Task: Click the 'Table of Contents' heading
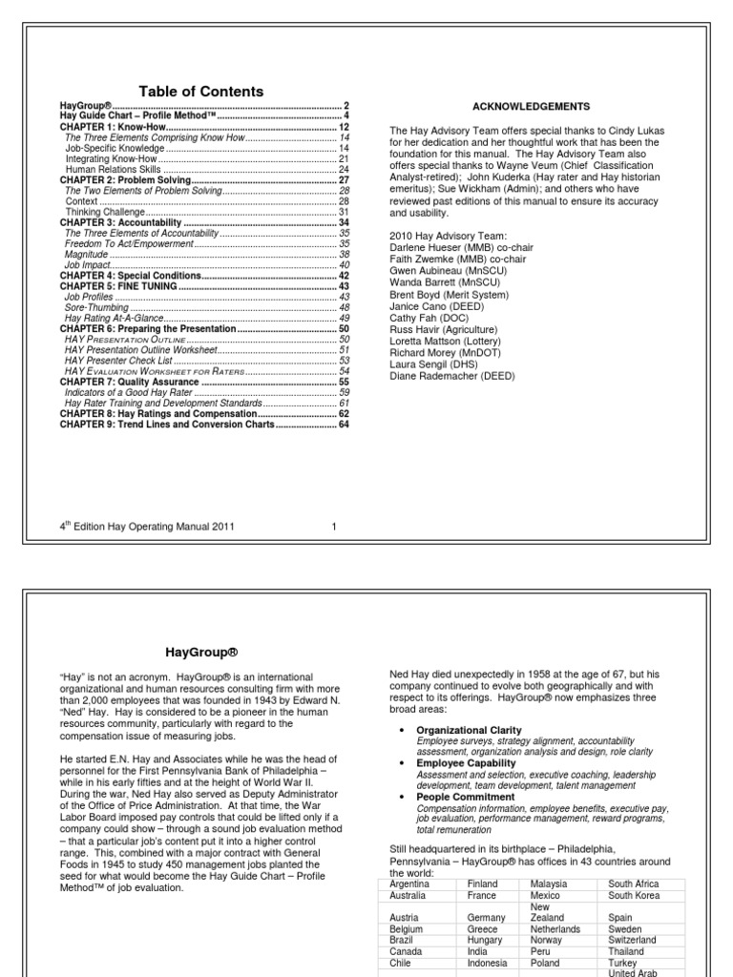pos(201,92)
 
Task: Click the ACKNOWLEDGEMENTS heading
pos(532,106)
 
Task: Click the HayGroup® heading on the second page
pos(202,653)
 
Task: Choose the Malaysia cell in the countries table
pos(550,884)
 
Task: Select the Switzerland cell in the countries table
pos(633,940)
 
